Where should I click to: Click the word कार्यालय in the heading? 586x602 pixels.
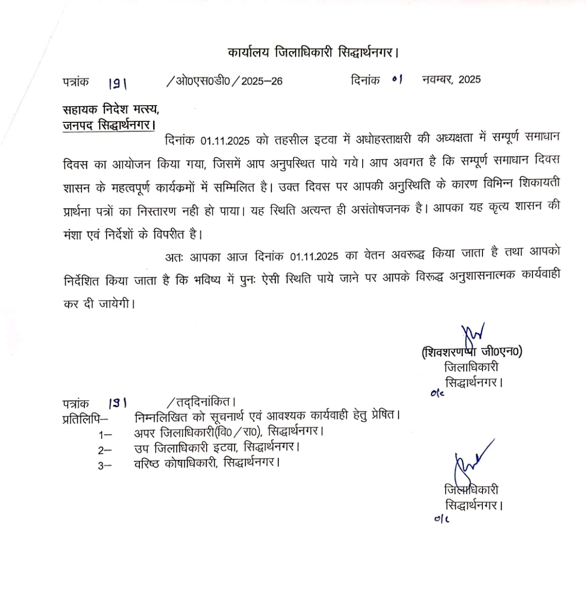click(249, 53)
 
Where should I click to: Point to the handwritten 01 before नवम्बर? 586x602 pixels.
click(397, 79)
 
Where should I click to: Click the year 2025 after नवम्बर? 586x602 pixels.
click(470, 79)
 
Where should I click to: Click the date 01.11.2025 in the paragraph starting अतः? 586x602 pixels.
click(314, 256)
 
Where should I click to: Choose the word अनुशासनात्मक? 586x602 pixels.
click(480, 279)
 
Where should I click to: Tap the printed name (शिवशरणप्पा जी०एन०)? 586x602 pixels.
click(472, 351)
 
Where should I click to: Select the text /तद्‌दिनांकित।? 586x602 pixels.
click(201, 402)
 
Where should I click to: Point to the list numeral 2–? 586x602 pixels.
click(105, 450)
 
